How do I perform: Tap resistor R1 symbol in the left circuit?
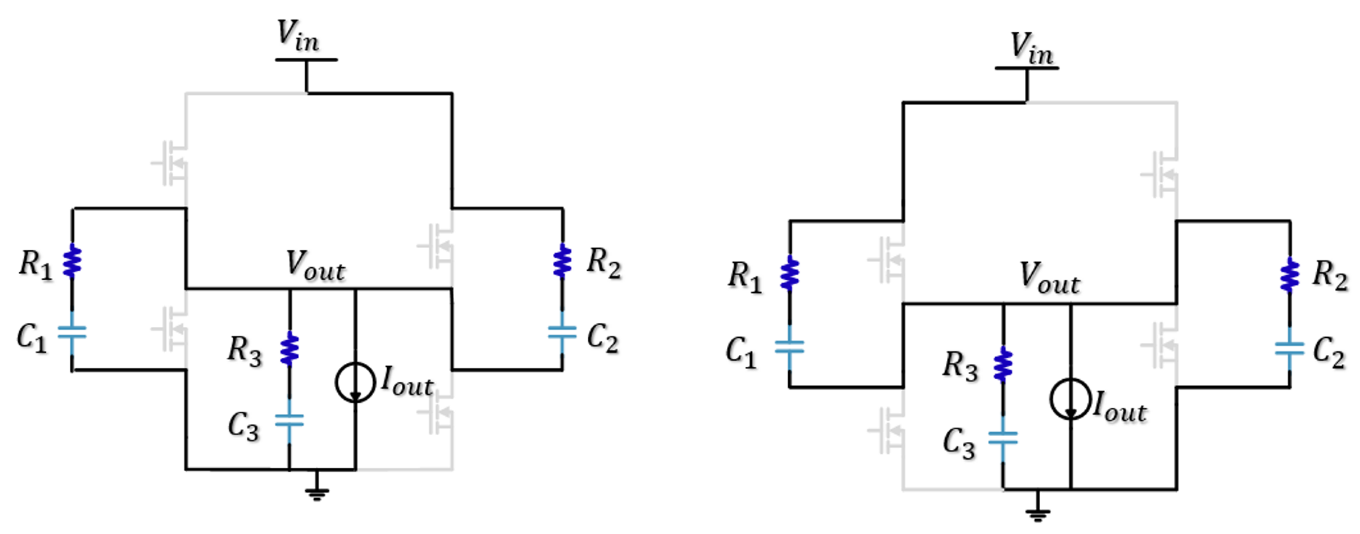[72, 261]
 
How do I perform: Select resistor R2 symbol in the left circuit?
[562, 261]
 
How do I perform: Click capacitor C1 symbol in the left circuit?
[72, 333]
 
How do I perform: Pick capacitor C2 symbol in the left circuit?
[562, 333]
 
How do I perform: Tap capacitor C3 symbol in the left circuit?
[289, 420]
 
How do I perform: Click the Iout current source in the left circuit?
[355, 382]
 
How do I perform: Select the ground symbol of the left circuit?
[317, 492]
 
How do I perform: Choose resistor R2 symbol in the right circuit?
[1290, 275]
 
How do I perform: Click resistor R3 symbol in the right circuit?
[1003, 364]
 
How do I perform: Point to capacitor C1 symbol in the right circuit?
[789, 346]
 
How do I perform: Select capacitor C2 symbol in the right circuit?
[1289, 348]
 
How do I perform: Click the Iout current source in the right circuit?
[1070, 399]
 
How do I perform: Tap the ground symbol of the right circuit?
[1037, 512]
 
